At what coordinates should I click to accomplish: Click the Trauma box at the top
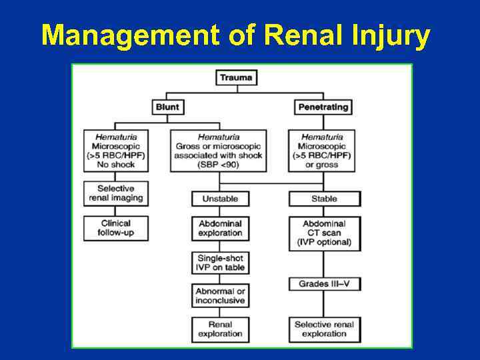(x=236, y=77)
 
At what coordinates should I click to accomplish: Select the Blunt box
(x=167, y=107)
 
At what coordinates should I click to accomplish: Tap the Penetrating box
(x=323, y=107)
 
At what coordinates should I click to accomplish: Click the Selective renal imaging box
(x=115, y=193)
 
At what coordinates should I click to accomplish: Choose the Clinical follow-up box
(x=115, y=228)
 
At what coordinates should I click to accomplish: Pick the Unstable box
(x=220, y=199)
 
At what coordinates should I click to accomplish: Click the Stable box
(x=324, y=199)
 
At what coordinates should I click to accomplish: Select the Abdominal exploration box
(x=220, y=229)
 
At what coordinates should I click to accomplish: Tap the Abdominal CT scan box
(x=324, y=233)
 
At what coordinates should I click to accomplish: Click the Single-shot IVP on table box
(x=220, y=263)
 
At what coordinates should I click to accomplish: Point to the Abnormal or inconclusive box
(x=220, y=296)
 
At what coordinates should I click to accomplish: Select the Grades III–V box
(x=324, y=284)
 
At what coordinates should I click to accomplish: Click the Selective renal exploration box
(x=324, y=329)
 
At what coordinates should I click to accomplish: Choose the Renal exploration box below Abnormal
(x=220, y=329)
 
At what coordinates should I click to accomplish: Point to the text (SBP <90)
(x=219, y=165)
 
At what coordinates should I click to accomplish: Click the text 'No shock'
(x=115, y=165)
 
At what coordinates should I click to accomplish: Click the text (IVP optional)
(x=324, y=243)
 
